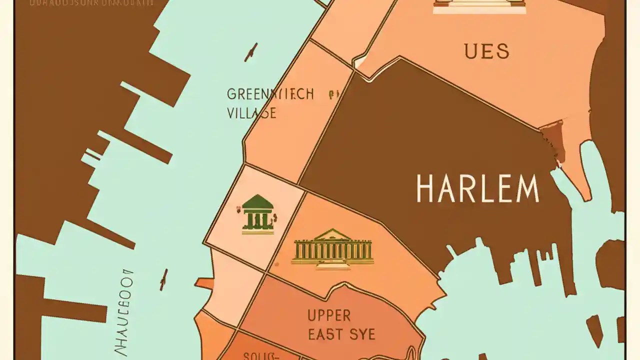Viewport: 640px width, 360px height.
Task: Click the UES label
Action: pos(486,51)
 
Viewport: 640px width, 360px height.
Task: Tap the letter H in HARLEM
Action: pos(425,188)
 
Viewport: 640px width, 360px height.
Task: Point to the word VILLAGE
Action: pos(251,112)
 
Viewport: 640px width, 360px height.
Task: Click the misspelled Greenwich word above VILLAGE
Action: pos(270,94)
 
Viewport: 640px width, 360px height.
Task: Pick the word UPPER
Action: pos(329,315)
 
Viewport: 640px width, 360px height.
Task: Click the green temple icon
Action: pos(258,214)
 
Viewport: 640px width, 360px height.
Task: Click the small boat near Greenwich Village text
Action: pos(251,52)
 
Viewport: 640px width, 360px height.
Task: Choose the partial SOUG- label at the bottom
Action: pos(260,355)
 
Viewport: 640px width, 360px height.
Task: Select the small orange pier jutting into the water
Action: pos(204,283)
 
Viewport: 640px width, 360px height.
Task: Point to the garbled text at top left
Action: pos(91,2)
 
